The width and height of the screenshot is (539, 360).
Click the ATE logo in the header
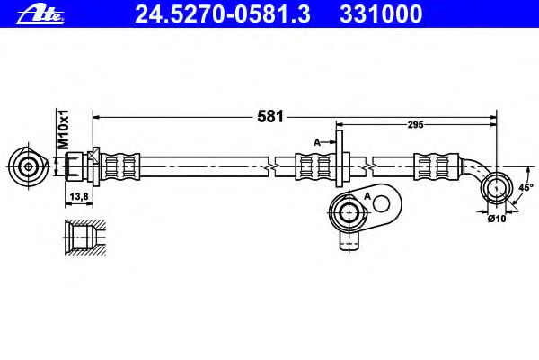coord(40,14)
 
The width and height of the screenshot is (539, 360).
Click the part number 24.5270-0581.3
coord(223,13)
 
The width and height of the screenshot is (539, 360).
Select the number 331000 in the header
coord(381,13)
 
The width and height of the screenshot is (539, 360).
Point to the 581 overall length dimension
coord(270,117)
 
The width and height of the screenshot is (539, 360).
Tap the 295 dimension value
coord(415,125)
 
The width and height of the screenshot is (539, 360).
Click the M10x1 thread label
coord(63,130)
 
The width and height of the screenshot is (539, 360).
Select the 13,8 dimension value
coord(79,197)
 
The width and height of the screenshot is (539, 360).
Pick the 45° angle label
coord(526,187)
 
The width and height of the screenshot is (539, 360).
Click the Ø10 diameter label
coord(497,219)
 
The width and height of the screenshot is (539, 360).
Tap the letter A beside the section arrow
coord(317,142)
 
